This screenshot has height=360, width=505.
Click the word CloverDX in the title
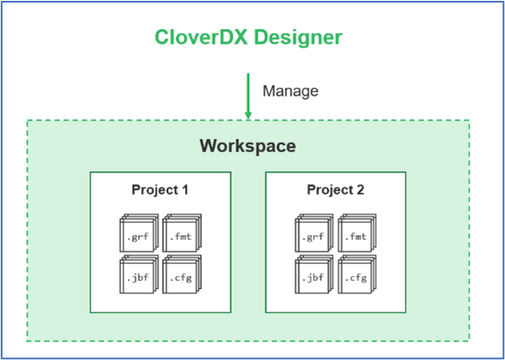click(x=201, y=38)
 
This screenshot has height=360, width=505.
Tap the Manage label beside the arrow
click(x=291, y=90)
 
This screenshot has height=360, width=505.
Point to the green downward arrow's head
click(x=248, y=115)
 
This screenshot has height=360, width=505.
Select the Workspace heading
click(x=247, y=146)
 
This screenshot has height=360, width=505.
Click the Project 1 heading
click(x=160, y=190)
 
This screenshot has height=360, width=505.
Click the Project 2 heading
click(x=335, y=190)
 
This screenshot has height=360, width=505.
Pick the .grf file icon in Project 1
click(x=139, y=233)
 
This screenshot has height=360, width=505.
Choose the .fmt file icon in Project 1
click(x=182, y=233)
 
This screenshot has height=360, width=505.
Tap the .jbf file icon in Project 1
click(x=139, y=275)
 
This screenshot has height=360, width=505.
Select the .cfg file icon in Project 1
click(x=182, y=275)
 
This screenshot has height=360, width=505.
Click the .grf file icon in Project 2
click(x=314, y=233)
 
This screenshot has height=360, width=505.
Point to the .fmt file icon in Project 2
click(x=357, y=233)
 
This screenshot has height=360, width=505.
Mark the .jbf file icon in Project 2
click(x=314, y=275)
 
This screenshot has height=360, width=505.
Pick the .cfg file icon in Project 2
click(x=357, y=275)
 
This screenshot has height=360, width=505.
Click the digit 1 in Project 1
click(x=184, y=189)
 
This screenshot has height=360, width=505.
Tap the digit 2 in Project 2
click(x=360, y=189)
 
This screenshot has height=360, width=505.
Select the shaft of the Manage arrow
click(x=248, y=92)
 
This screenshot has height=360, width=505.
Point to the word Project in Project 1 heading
click(x=154, y=190)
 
